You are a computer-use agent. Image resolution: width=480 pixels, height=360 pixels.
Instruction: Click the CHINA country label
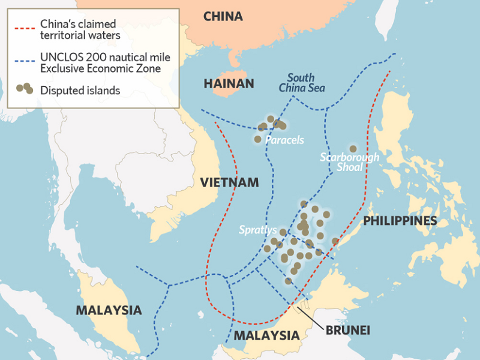click(223, 16)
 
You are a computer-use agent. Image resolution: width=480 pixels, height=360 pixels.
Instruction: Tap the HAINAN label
click(229, 83)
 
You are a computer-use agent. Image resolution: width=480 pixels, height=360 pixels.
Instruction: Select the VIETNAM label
click(229, 182)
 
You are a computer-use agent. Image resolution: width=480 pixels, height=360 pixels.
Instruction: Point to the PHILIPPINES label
click(400, 221)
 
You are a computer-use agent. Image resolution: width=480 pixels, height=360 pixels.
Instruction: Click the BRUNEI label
click(349, 330)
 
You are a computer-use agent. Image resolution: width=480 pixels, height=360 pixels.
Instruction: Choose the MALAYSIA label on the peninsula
click(109, 310)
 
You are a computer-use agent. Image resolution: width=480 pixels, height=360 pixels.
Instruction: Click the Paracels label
click(284, 140)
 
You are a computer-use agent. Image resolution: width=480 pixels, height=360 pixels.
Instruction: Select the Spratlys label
click(258, 229)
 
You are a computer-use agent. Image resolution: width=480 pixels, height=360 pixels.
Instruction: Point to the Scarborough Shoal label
click(349, 162)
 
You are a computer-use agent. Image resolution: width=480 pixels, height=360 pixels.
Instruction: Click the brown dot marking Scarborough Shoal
click(353, 148)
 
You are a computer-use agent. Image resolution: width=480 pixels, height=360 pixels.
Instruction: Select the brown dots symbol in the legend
click(24, 89)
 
